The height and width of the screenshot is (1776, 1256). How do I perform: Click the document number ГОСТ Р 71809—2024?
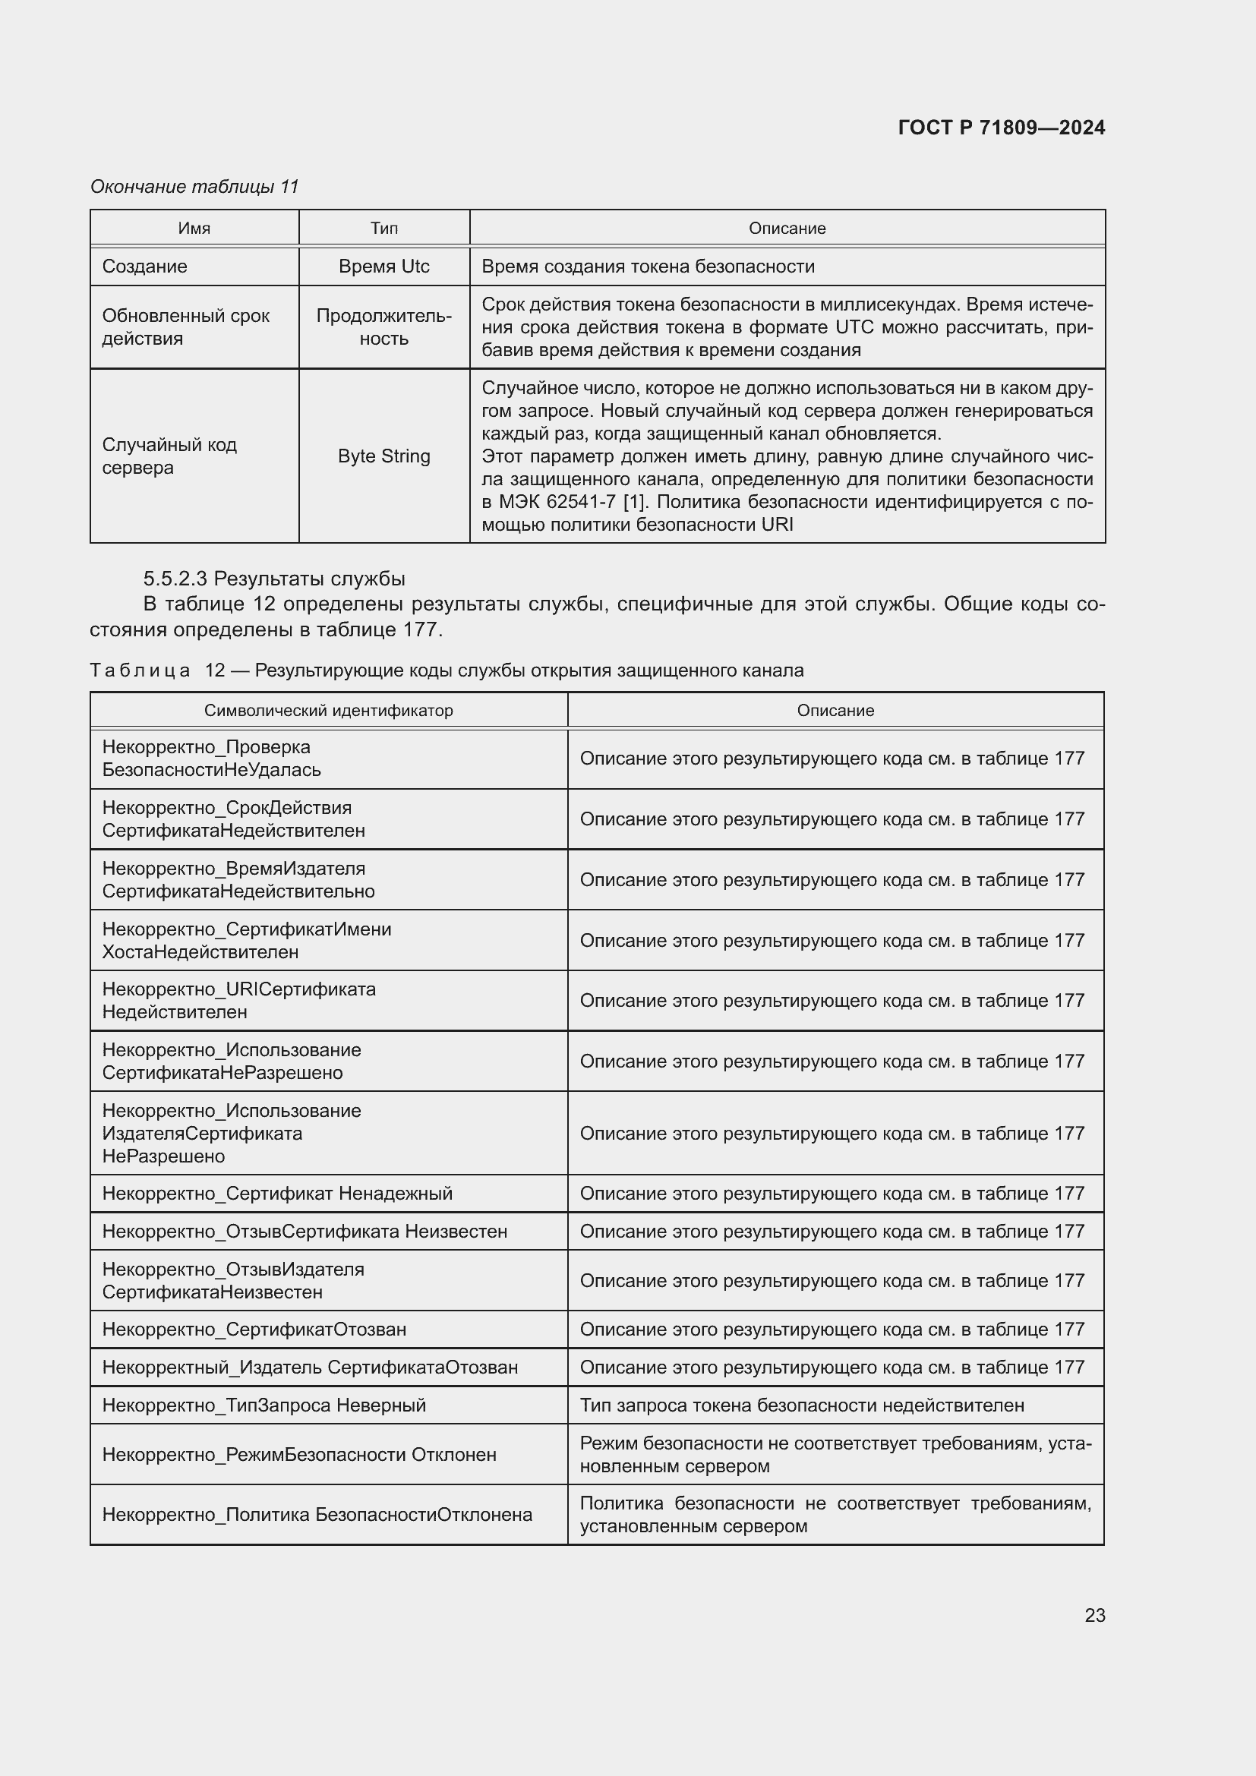point(1001,128)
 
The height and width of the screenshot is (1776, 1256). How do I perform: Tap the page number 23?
point(1094,1615)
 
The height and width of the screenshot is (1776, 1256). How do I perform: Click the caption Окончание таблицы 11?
point(194,187)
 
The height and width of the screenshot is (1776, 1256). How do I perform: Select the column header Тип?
point(383,229)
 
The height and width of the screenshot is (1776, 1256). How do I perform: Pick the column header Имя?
point(194,229)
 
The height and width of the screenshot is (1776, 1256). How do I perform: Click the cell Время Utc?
point(383,266)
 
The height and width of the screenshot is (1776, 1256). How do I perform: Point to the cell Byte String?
point(383,456)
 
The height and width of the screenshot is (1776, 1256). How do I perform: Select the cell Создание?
point(144,266)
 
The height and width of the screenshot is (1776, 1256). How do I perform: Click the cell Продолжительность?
point(383,326)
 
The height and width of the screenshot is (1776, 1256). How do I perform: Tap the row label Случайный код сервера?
point(169,456)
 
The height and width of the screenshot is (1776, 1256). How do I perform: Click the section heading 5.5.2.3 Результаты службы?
point(274,579)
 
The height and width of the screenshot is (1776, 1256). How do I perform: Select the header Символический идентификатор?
point(329,710)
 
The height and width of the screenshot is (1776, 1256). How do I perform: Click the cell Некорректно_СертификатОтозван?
point(254,1329)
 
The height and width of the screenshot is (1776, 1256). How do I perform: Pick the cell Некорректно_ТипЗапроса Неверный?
point(264,1405)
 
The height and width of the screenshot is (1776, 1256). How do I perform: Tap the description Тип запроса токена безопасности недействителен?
point(801,1405)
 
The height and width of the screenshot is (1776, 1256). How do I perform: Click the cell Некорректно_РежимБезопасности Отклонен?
point(298,1454)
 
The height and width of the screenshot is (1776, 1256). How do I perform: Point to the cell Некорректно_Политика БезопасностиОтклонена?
point(317,1515)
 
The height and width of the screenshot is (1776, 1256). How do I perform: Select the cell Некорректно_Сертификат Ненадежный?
point(277,1193)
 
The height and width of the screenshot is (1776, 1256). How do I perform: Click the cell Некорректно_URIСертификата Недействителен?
point(238,1000)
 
